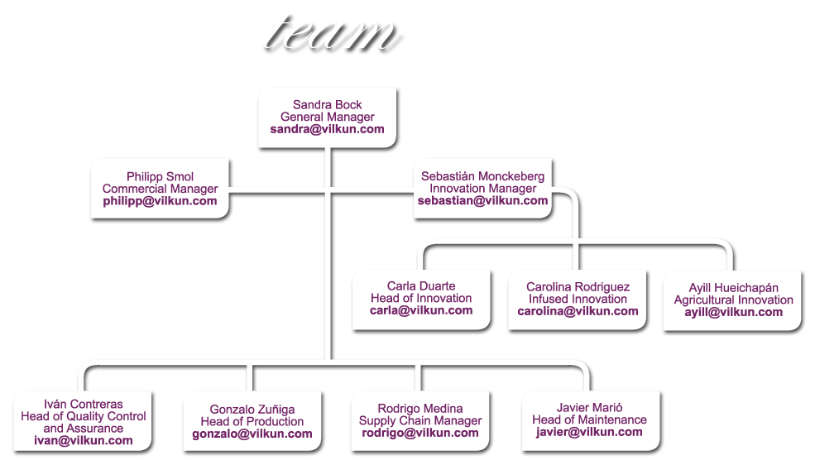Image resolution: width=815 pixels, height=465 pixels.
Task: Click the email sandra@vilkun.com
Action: point(328,130)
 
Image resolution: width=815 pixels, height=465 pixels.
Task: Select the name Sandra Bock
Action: point(328,105)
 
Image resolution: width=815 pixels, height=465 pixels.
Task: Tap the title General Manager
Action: point(328,117)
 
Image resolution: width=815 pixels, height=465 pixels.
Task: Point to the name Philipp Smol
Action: point(161,176)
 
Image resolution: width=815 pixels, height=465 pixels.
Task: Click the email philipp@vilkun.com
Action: point(161,201)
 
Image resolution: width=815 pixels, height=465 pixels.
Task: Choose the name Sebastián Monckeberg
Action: point(483,176)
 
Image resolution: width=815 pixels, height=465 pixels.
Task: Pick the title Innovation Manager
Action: point(483,189)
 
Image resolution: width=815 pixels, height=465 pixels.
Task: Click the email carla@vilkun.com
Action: point(421,310)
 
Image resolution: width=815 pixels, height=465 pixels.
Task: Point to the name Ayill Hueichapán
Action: point(734,287)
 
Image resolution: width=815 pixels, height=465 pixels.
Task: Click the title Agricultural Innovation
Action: point(734,300)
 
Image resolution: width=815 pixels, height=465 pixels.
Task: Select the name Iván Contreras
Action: point(84,404)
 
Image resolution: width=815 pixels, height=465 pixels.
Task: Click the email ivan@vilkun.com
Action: point(84,441)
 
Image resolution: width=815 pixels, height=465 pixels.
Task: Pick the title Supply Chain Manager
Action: point(420,421)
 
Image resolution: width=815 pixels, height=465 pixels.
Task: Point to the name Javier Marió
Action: point(589,408)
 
